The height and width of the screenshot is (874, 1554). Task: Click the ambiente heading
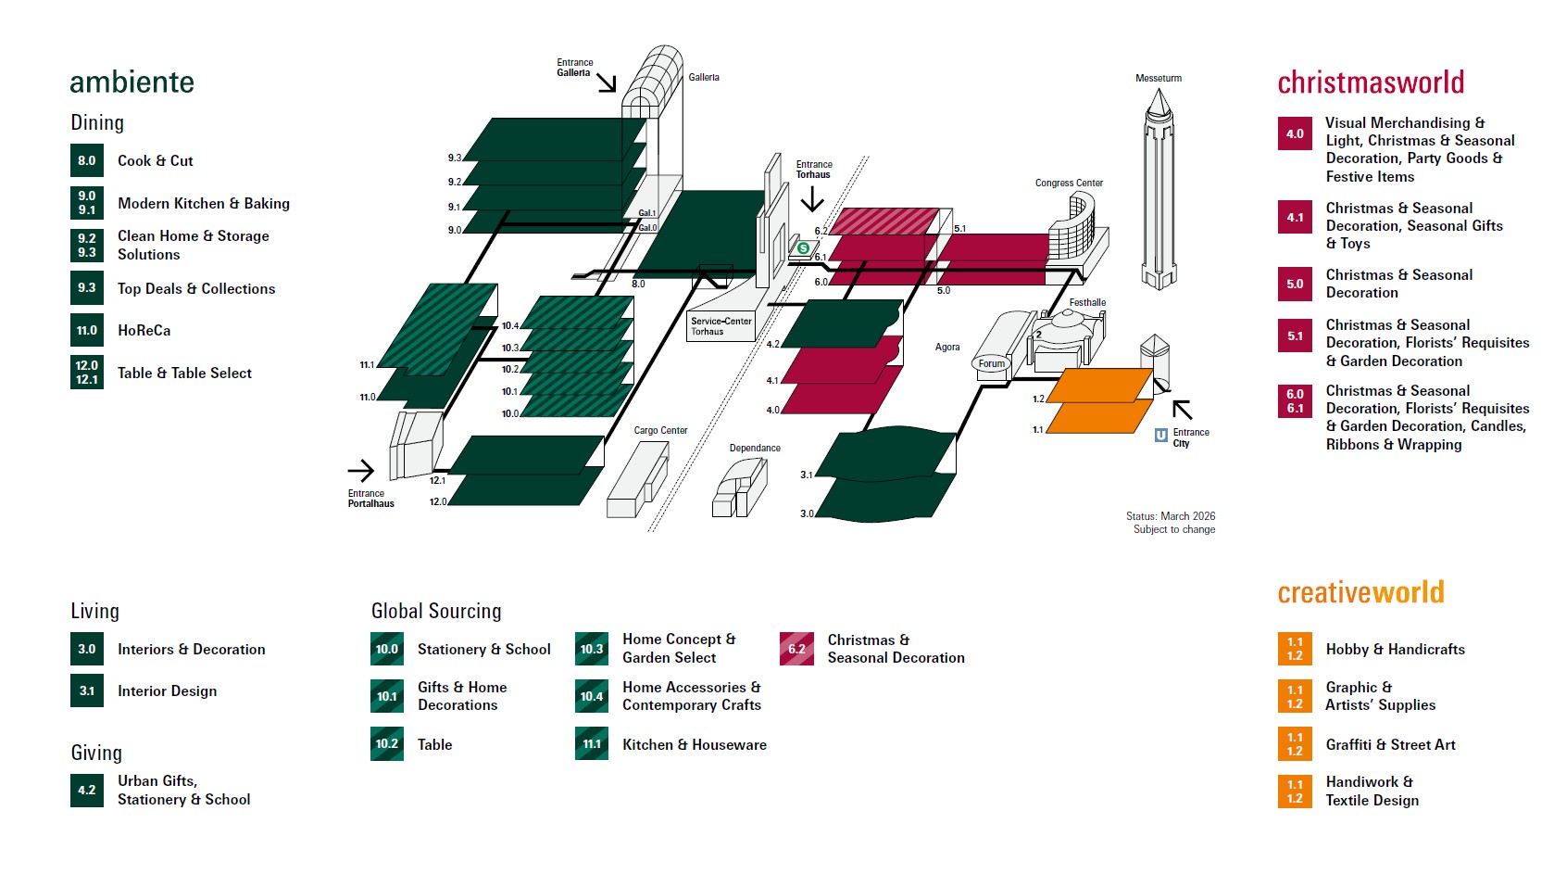(x=132, y=82)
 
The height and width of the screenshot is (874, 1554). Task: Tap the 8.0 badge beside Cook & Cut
(x=87, y=160)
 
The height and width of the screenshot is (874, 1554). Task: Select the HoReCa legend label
(x=144, y=330)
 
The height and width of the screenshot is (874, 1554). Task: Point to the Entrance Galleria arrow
(x=607, y=83)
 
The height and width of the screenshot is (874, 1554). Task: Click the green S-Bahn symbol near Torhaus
(x=804, y=248)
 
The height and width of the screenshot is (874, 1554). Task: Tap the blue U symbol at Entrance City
(x=1160, y=435)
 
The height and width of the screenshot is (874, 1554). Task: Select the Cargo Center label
(x=660, y=430)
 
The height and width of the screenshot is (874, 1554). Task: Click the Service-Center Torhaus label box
(x=721, y=326)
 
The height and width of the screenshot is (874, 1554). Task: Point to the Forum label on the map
(x=991, y=363)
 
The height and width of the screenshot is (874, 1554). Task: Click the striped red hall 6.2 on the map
(x=884, y=222)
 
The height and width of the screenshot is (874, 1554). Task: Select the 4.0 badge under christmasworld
(x=1295, y=133)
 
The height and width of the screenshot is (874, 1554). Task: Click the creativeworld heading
(x=1360, y=592)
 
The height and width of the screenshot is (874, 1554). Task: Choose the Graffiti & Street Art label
(x=1390, y=744)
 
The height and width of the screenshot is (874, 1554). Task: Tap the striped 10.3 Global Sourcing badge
(x=592, y=649)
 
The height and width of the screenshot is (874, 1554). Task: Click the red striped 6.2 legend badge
(x=796, y=649)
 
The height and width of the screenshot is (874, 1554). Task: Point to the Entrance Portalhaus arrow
(x=361, y=470)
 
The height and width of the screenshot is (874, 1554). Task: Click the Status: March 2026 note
(x=1171, y=516)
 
